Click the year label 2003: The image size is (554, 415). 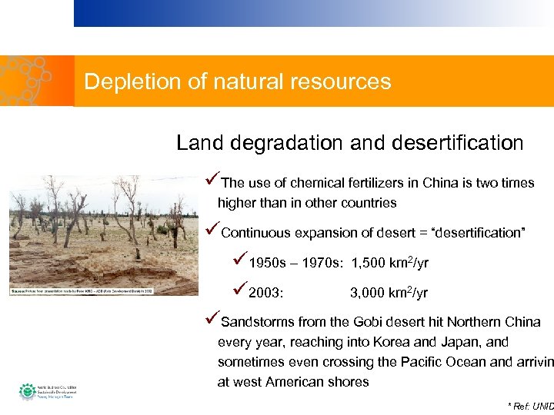click(265, 294)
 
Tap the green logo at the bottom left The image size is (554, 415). click(28, 391)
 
